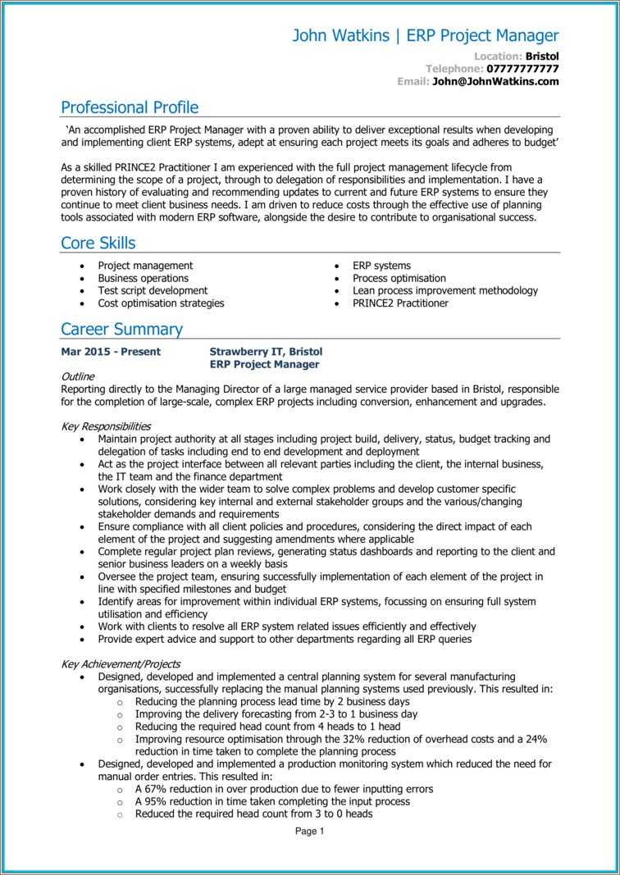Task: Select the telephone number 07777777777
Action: click(522, 69)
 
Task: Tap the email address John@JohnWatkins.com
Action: click(495, 81)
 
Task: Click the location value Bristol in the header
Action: click(542, 56)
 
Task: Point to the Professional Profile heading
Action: click(130, 107)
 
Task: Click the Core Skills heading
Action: click(98, 243)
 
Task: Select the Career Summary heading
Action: click(121, 329)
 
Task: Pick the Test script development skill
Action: click(153, 290)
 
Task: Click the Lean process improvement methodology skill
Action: click(445, 290)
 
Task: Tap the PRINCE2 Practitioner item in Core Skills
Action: click(400, 303)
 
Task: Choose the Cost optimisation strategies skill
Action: click(161, 303)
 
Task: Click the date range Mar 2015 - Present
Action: click(111, 352)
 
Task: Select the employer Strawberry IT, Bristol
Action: click(266, 352)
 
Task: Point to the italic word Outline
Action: click(79, 376)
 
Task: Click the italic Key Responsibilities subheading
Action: click(106, 426)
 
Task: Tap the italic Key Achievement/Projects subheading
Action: click(121, 663)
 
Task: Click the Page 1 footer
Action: click(310, 831)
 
